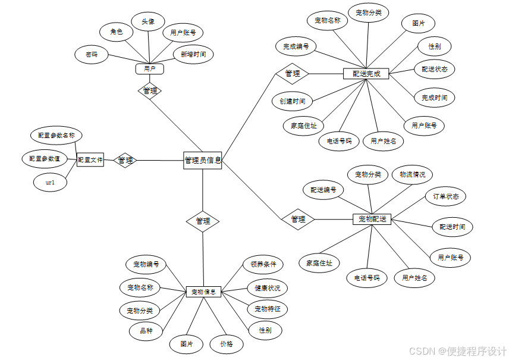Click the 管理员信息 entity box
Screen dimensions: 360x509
coord(203,160)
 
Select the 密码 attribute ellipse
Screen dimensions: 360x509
coord(92,55)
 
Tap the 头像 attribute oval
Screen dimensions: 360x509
coord(148,21)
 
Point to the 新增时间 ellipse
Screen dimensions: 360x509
coord(193,55)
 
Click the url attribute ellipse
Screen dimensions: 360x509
coord(50,183)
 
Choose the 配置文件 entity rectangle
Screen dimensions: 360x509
coord(90,159)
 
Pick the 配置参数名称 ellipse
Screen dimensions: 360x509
coord(56,136)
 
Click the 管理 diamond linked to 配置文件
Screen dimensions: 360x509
coord(125,160)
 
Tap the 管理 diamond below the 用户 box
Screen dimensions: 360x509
coord(150,91)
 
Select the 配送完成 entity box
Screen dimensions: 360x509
coord(366,74)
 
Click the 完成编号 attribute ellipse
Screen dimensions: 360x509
coord(296,46)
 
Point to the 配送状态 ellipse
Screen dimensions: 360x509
coord(434,69)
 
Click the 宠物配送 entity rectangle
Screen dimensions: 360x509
coord(372,219)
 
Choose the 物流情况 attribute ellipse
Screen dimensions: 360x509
coord(413,174)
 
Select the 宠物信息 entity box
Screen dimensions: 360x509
coord(203,292)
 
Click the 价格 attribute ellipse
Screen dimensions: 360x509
coord(227,344)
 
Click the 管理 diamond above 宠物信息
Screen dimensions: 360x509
coord(203,221)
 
